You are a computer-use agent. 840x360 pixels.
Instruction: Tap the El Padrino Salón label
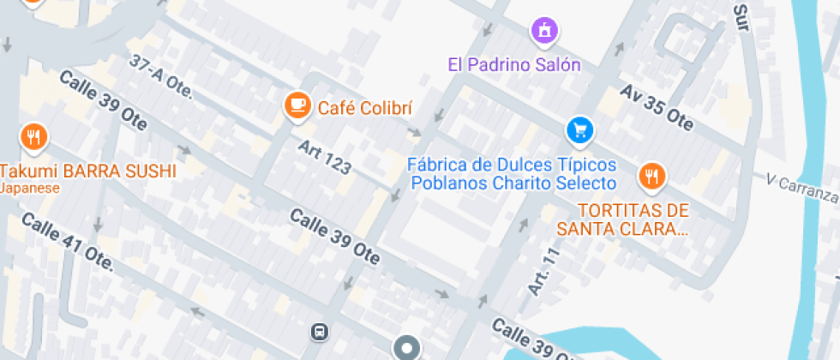(x=514, y=64)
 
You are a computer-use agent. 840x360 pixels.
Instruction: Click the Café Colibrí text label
(x=365, y=108)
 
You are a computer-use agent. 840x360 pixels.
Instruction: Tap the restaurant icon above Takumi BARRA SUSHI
(x=33, y=137)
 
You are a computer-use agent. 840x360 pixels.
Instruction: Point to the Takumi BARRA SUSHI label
(x=88, y=171)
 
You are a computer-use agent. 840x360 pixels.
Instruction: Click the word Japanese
(x=30, y=188)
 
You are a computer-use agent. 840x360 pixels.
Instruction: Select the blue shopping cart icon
(x=580, y=130)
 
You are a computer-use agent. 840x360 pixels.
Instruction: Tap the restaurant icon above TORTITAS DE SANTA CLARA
(x=652, y=177)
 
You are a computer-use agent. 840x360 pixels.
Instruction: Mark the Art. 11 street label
(x=543, y=272)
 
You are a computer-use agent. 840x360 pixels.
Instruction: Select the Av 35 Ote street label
(x=657, y=107)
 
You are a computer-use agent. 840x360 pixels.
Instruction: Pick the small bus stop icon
(x=318, y=331)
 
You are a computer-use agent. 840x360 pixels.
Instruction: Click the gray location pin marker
(x=406, y=348)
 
